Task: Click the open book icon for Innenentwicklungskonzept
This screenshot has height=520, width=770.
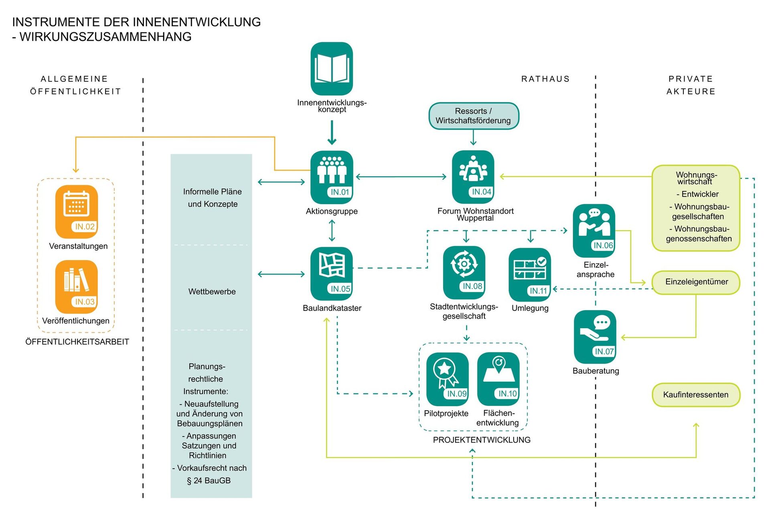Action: [x=332, y=69]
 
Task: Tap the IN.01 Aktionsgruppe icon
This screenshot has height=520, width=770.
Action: [x=332, y=177]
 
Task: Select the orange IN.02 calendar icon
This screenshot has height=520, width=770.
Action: [x=77, y=211]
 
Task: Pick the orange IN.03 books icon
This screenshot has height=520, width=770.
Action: [x=77, y=286]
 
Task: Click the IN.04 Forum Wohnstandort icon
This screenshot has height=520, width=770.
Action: [x=473, y=177]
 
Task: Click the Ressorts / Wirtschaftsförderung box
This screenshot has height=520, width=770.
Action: [x=474, y=116]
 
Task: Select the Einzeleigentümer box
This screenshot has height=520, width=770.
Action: [x=696, y=282]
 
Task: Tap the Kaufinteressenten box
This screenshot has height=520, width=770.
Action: [x=696, y=395]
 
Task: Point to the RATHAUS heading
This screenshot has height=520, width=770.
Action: [x=545, y=79]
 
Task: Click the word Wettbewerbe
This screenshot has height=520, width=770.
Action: [x=212, y=292]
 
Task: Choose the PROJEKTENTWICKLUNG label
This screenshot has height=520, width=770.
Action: [x=482, y=440]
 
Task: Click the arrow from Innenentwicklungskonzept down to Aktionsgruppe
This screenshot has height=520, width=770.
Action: [x=332, y=132]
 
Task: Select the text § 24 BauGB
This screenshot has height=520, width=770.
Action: [x=209, y=480]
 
